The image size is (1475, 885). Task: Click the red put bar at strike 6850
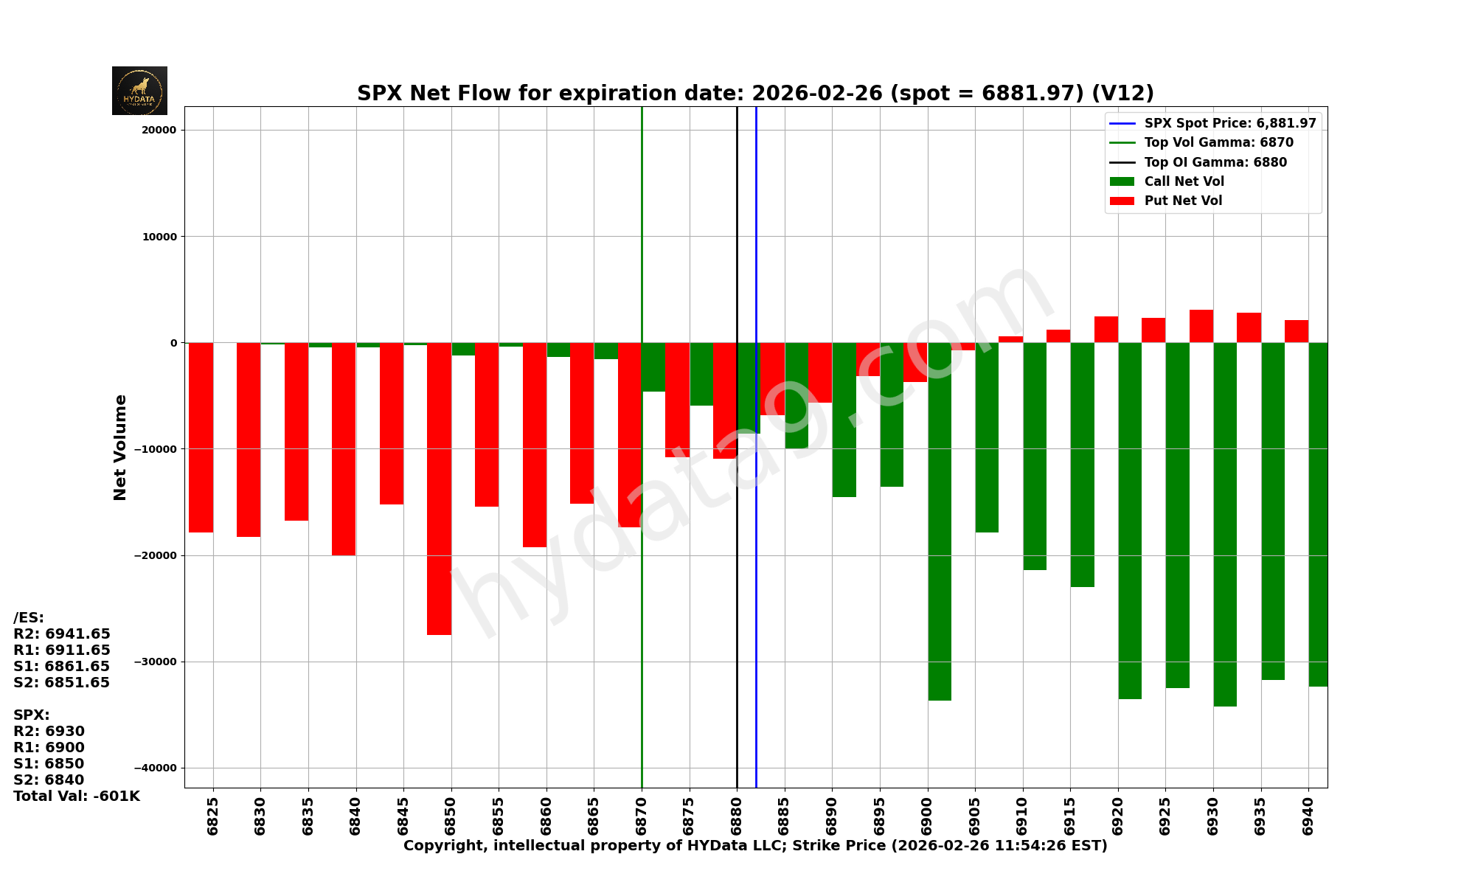tap(439, 488)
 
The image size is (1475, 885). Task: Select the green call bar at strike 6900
tap(940, 521)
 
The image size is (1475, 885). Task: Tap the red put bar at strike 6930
tap(1201, 326)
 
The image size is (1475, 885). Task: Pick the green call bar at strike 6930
tap(1225, 524)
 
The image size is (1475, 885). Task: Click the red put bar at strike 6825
tap(201, 437)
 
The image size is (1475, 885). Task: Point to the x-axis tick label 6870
tap(642, 816)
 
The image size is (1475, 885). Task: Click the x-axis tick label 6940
tap(1308, 816)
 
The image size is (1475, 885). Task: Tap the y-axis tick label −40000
tap(155, 768)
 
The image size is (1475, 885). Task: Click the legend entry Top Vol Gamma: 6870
tap(1218, 142)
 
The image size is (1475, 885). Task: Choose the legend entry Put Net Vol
tap(1183, 201)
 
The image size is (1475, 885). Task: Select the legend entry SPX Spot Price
tap(1229, 123)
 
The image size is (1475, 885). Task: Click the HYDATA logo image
tap(139, 91)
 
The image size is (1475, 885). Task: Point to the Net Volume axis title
tap(120, 447)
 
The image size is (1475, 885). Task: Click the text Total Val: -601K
tap(77, 796)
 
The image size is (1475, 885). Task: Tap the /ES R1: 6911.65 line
tap(62, 650)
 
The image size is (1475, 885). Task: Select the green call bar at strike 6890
tap(844, 419)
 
